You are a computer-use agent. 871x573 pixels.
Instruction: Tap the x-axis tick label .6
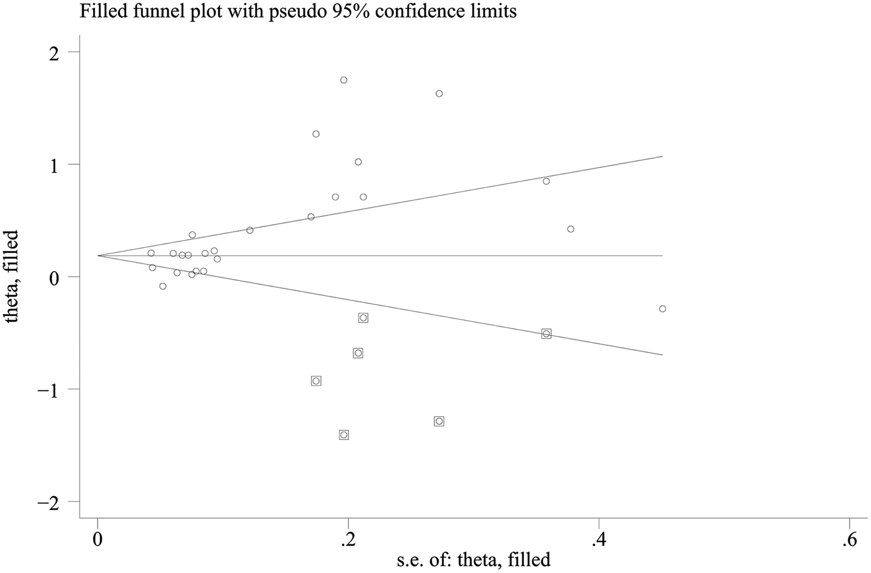pos(847,539)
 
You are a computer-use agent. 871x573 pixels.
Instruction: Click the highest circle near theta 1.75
pos(343,80)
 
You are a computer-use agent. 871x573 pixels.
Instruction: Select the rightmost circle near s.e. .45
pos(662,309)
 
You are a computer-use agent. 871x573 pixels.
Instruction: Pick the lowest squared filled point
pos(343,435)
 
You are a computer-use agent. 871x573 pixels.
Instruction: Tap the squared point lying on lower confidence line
pos(546,334)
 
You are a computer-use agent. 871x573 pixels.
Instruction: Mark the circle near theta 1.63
pos(439,94)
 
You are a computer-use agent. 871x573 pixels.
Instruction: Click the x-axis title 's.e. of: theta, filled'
pos(473,560)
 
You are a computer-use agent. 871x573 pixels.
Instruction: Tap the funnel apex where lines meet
pos(99,256)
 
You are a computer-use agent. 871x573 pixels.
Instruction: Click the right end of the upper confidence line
pos(662,156)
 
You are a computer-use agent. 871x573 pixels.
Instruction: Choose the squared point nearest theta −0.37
pos(363,318)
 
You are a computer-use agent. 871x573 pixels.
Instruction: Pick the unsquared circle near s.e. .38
pos(571,229)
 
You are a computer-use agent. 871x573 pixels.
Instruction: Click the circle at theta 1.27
pos(316,134)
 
